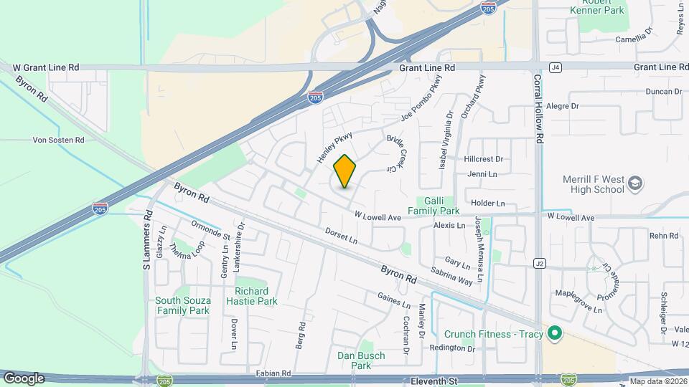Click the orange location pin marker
345,171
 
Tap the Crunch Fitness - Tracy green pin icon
554,334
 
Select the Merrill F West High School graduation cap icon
634,184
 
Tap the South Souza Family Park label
183,305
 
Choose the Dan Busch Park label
361,360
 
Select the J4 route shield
554,67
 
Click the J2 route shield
539,264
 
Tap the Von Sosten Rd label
59,140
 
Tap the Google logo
24,378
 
